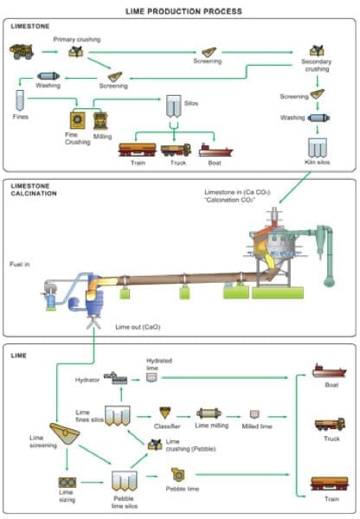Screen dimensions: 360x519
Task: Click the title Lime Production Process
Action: tap(183, 11)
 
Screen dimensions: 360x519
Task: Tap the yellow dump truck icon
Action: tap(22, 52)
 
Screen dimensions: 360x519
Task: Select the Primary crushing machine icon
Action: tap(76, 51)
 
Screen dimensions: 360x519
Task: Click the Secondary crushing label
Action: tap(316, 65)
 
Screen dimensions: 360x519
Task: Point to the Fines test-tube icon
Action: tap(20, 100)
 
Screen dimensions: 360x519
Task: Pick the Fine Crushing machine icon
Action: tap(78, 120)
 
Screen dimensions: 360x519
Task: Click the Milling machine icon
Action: tap(100, 120)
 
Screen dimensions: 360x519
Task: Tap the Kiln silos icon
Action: tap(318, 148)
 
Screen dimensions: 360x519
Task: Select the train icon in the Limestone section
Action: tap(138, 150)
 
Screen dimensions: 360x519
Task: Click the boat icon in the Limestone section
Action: tap(215, 151)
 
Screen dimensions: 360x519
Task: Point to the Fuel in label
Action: tap(20, 264)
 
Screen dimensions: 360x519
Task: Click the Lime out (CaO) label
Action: tap(138, 327)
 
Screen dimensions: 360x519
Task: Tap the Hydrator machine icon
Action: tap(115, 378)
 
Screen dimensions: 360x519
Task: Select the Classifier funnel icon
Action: tap(165, 413)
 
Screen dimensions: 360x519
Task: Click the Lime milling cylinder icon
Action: tap(209, 413)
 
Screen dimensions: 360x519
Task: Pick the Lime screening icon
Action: tap(65, 433)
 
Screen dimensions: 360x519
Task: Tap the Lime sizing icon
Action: tap(67, 483)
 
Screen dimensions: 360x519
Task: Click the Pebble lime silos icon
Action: tap(125, 481)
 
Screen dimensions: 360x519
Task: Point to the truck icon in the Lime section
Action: tap(330, 425)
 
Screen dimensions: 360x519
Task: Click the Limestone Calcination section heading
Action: tap(34, 189)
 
